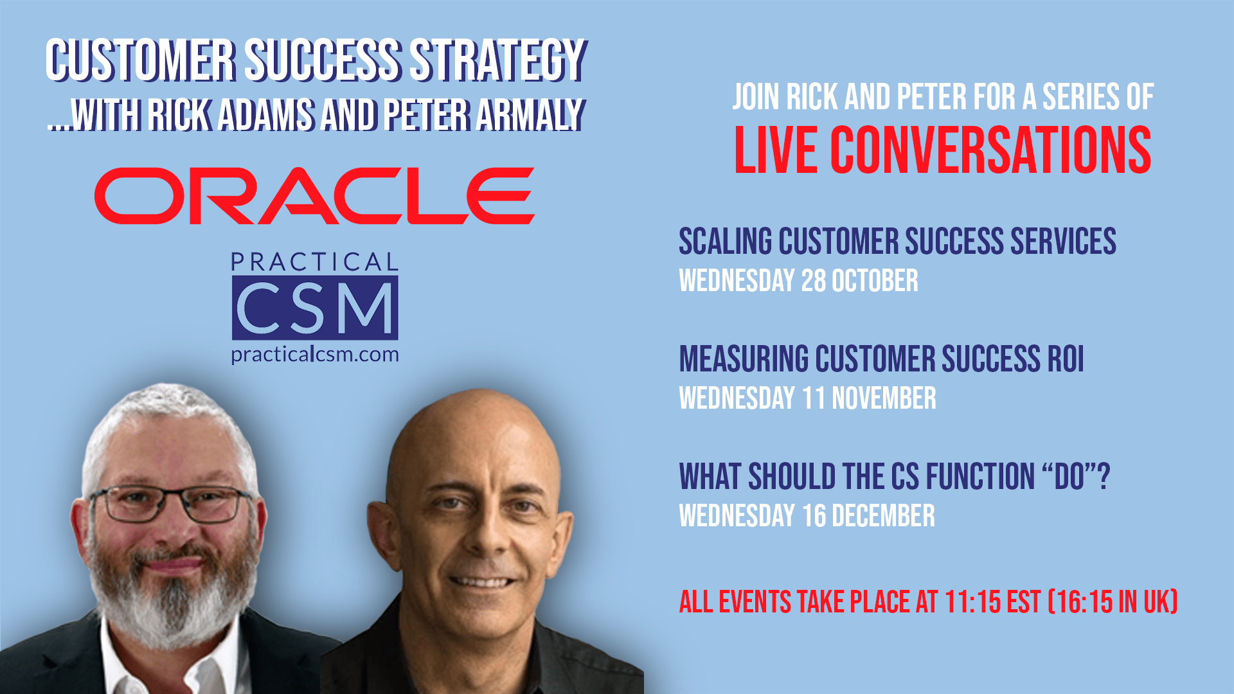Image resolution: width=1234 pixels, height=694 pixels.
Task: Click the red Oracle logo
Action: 314,196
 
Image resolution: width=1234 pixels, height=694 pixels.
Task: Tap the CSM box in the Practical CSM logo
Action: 315,308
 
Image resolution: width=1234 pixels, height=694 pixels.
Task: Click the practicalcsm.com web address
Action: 315,355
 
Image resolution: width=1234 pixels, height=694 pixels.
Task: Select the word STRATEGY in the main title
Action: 498,60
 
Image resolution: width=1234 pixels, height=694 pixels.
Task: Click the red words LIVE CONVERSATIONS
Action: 942,150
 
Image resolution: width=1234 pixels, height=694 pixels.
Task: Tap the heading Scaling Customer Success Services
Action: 897,242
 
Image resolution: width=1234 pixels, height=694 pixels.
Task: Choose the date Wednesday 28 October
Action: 799,281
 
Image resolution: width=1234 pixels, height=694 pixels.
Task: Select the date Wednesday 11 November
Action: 808,398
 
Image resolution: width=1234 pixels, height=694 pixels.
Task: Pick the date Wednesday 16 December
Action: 807,516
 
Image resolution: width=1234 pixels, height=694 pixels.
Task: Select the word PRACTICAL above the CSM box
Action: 315,262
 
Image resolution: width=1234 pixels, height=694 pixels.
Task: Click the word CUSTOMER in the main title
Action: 141,60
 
